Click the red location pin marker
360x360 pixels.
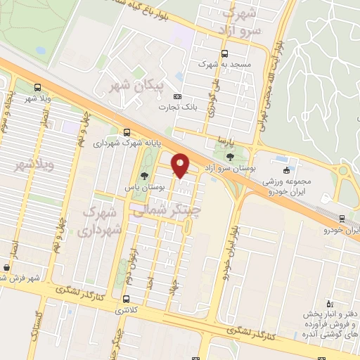[x=181, y=165]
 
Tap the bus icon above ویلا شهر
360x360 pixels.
[x=37, y=88]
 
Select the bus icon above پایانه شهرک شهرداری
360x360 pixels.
[x=127, y=131]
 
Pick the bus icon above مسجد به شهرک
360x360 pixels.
[x=224, y=53]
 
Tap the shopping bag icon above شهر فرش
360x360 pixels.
[x=7, y=267]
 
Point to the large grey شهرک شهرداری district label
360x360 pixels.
[x=101, y=219]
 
